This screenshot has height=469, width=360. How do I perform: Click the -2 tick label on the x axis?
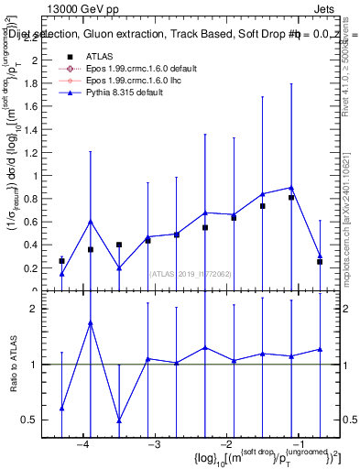[226, 444]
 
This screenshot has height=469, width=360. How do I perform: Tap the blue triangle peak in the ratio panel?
[91, 322]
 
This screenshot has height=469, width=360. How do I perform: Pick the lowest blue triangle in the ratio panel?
[119, 420]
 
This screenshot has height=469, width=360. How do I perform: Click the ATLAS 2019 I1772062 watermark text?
[191, 273]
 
